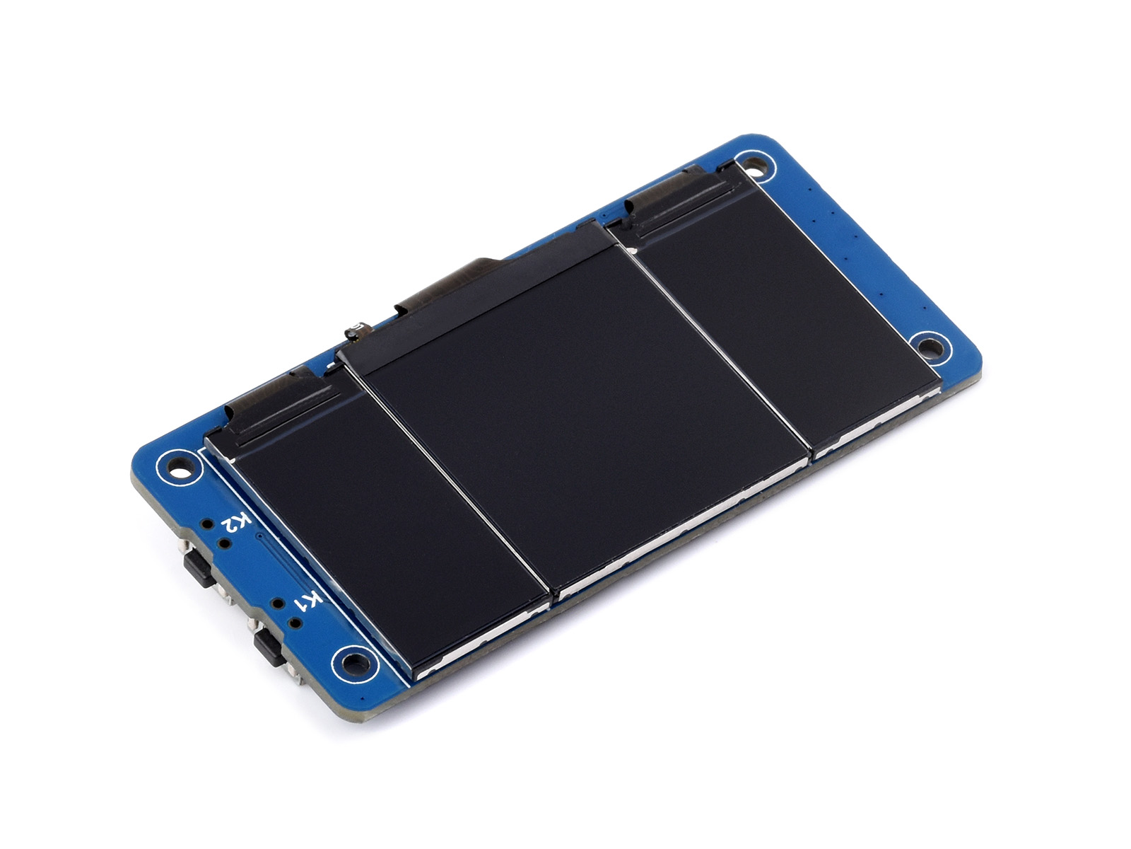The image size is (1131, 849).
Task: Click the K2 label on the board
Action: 237,524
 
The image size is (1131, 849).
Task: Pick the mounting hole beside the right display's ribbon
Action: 755,166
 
